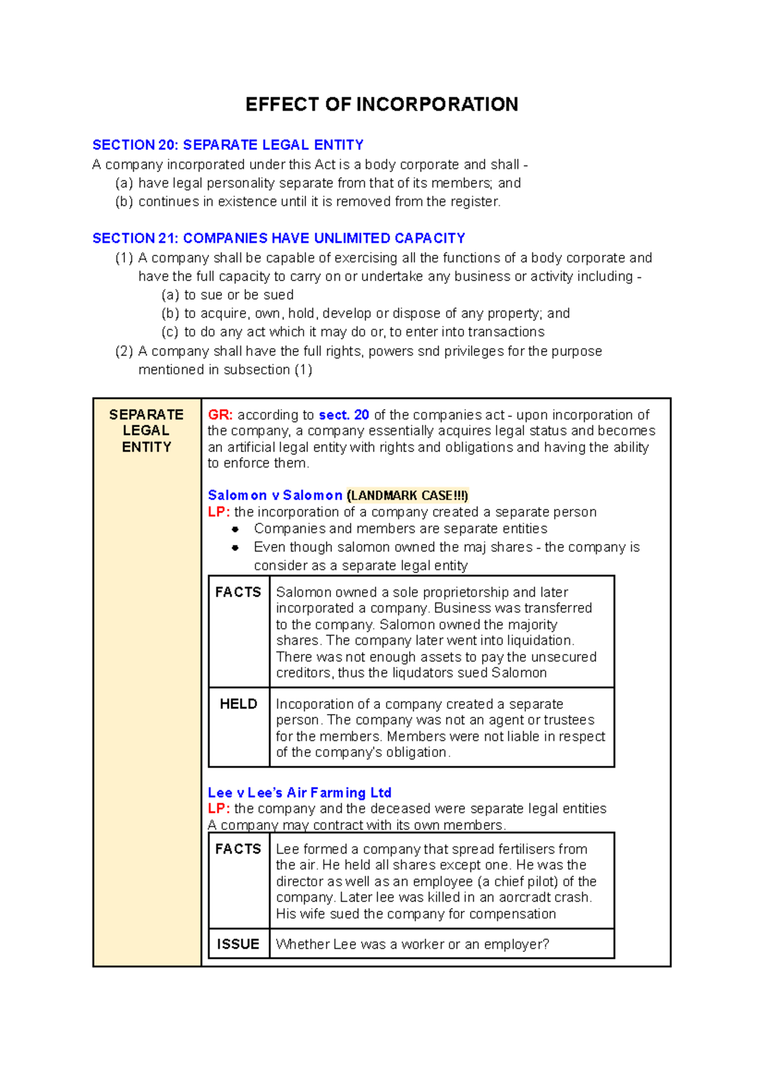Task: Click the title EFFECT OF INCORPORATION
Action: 382,105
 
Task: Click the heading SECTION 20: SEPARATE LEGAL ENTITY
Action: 228,145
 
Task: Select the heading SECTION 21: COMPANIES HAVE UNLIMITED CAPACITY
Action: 279,238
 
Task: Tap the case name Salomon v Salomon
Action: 275,495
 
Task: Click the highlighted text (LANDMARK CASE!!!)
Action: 407,495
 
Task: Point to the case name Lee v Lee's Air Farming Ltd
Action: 300,793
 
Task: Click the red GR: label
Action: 220,415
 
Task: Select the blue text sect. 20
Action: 344,415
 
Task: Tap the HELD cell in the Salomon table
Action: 238,704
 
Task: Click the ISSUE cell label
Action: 238,944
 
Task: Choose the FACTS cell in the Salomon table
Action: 238,592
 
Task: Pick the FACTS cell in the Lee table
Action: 238,849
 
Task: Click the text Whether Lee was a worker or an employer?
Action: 412,944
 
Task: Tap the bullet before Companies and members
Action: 235,529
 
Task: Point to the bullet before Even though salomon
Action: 235,548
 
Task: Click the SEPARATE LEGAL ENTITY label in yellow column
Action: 147,430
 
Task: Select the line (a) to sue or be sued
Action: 228,295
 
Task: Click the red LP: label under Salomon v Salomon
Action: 219,512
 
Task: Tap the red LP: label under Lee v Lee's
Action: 219,808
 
